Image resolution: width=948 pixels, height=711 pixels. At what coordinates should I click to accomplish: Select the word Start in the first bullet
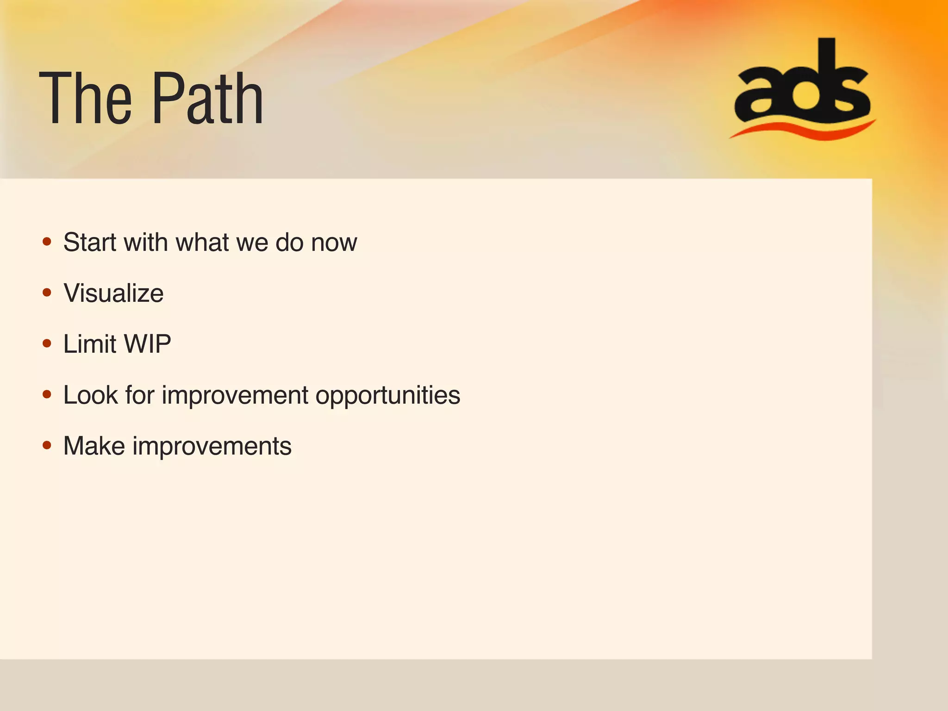(x=90, y=242)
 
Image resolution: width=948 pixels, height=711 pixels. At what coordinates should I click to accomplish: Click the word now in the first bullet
(x=334, y=243)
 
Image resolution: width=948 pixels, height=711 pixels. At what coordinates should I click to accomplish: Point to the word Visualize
(x=113, y=293)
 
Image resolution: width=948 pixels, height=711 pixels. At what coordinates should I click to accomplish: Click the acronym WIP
(x=148, y=344)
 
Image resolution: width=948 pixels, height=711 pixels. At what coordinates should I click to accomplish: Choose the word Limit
(x=90, y=344)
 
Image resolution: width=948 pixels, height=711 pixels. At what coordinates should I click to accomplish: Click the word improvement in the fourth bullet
(x=235, y=396)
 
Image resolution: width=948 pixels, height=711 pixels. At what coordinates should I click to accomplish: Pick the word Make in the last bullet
(x=94, y=446)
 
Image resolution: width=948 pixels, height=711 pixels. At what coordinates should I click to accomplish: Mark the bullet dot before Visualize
(x=47, y=293)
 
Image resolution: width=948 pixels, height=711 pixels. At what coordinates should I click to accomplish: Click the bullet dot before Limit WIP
(x=47, y=343)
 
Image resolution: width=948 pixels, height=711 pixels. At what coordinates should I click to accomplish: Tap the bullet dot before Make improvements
(x=47, y=445)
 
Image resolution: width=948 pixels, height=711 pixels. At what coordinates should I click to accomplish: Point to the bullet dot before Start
(x=47, y=242)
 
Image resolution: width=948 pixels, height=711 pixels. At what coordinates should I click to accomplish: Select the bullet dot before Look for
(x=47, y=394)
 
